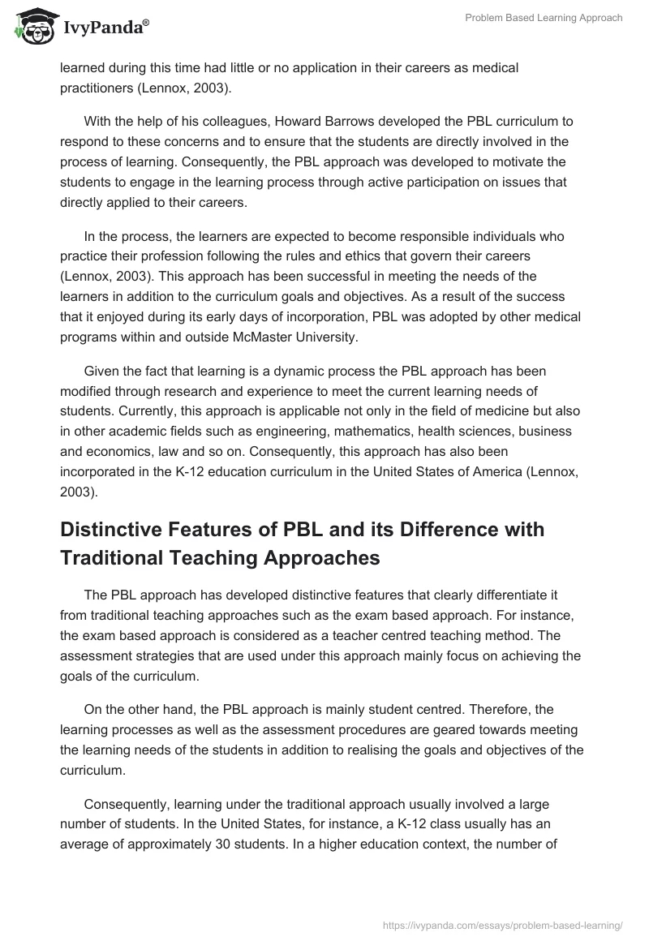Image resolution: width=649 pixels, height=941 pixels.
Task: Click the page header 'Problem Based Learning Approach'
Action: [x=543, y=18]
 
